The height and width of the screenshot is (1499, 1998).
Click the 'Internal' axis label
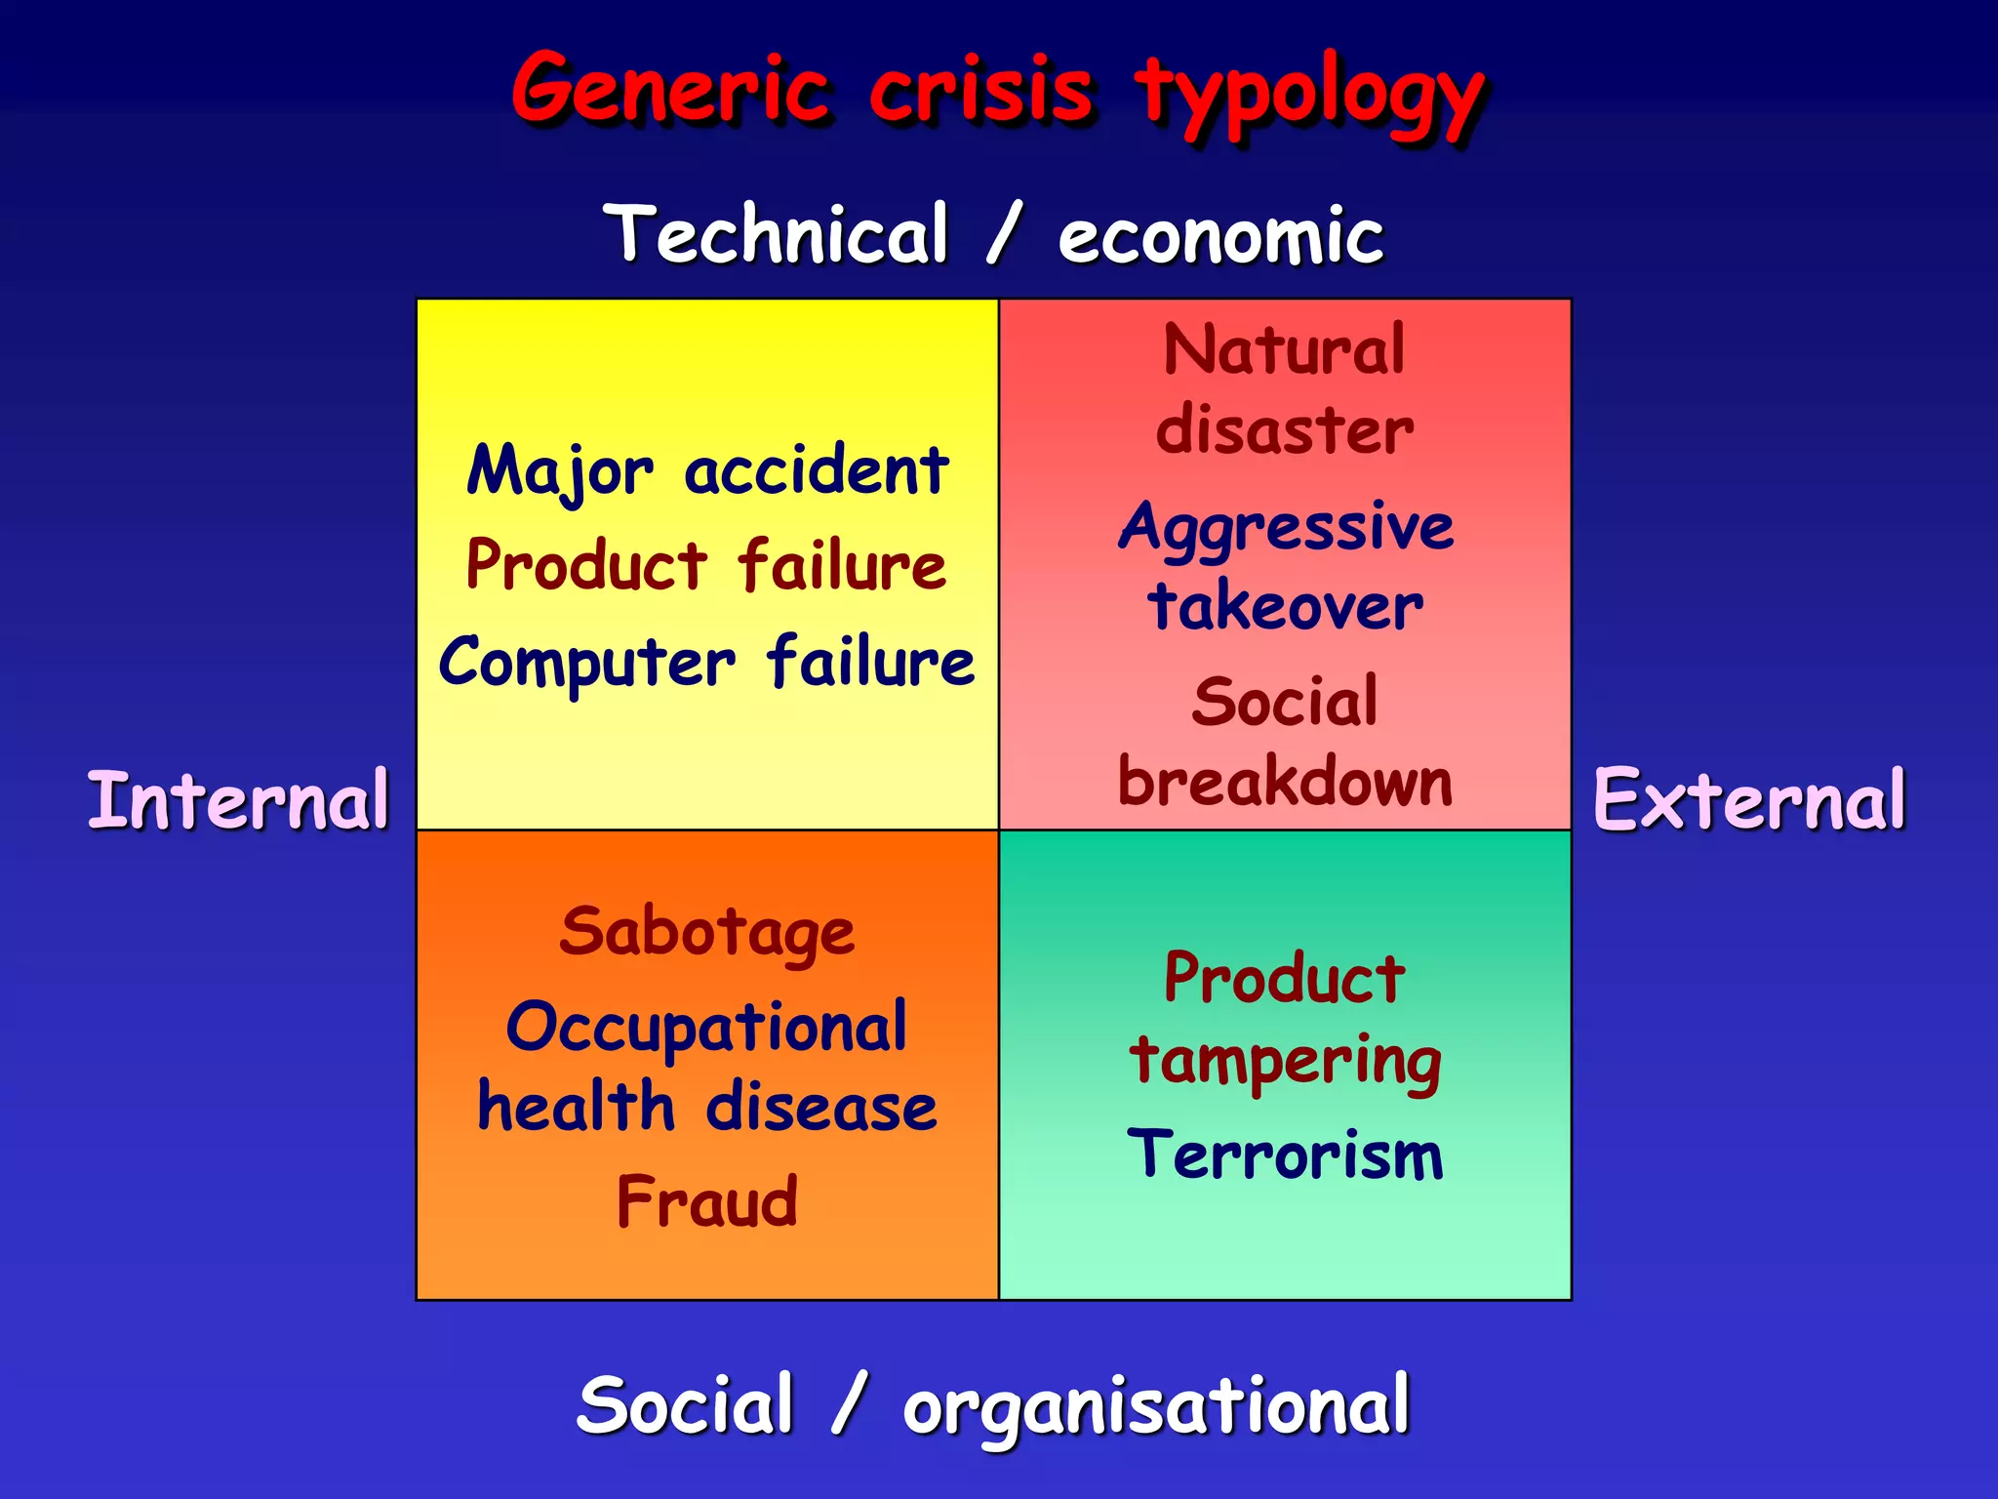[x=238, y=800]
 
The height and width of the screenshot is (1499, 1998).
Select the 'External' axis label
[x=1749, y=800]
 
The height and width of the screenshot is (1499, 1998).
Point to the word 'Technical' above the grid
[x=777, y=234]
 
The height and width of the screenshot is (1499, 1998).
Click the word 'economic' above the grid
[x=1220, y=237]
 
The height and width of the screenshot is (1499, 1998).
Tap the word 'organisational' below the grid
[x=1156, y=1407]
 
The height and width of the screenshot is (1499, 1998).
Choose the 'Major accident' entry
[x=707, y=471]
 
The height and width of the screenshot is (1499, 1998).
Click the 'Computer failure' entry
[x=707, y=663]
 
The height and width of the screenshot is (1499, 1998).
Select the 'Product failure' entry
[x=707, y=566]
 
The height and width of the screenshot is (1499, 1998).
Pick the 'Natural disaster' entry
[x=1285, y=389]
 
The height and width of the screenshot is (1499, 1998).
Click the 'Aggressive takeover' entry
[x=1285, y=567]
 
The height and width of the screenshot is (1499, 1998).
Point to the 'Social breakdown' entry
[x=1285, y=742]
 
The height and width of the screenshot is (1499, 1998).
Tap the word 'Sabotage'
[x=707, y=932]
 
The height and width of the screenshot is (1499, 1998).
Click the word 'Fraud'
[x=707, y=1201]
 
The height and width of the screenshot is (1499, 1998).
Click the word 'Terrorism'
[x=1285, y=1155]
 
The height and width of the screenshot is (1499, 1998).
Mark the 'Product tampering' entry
[x=1285, y=1019]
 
